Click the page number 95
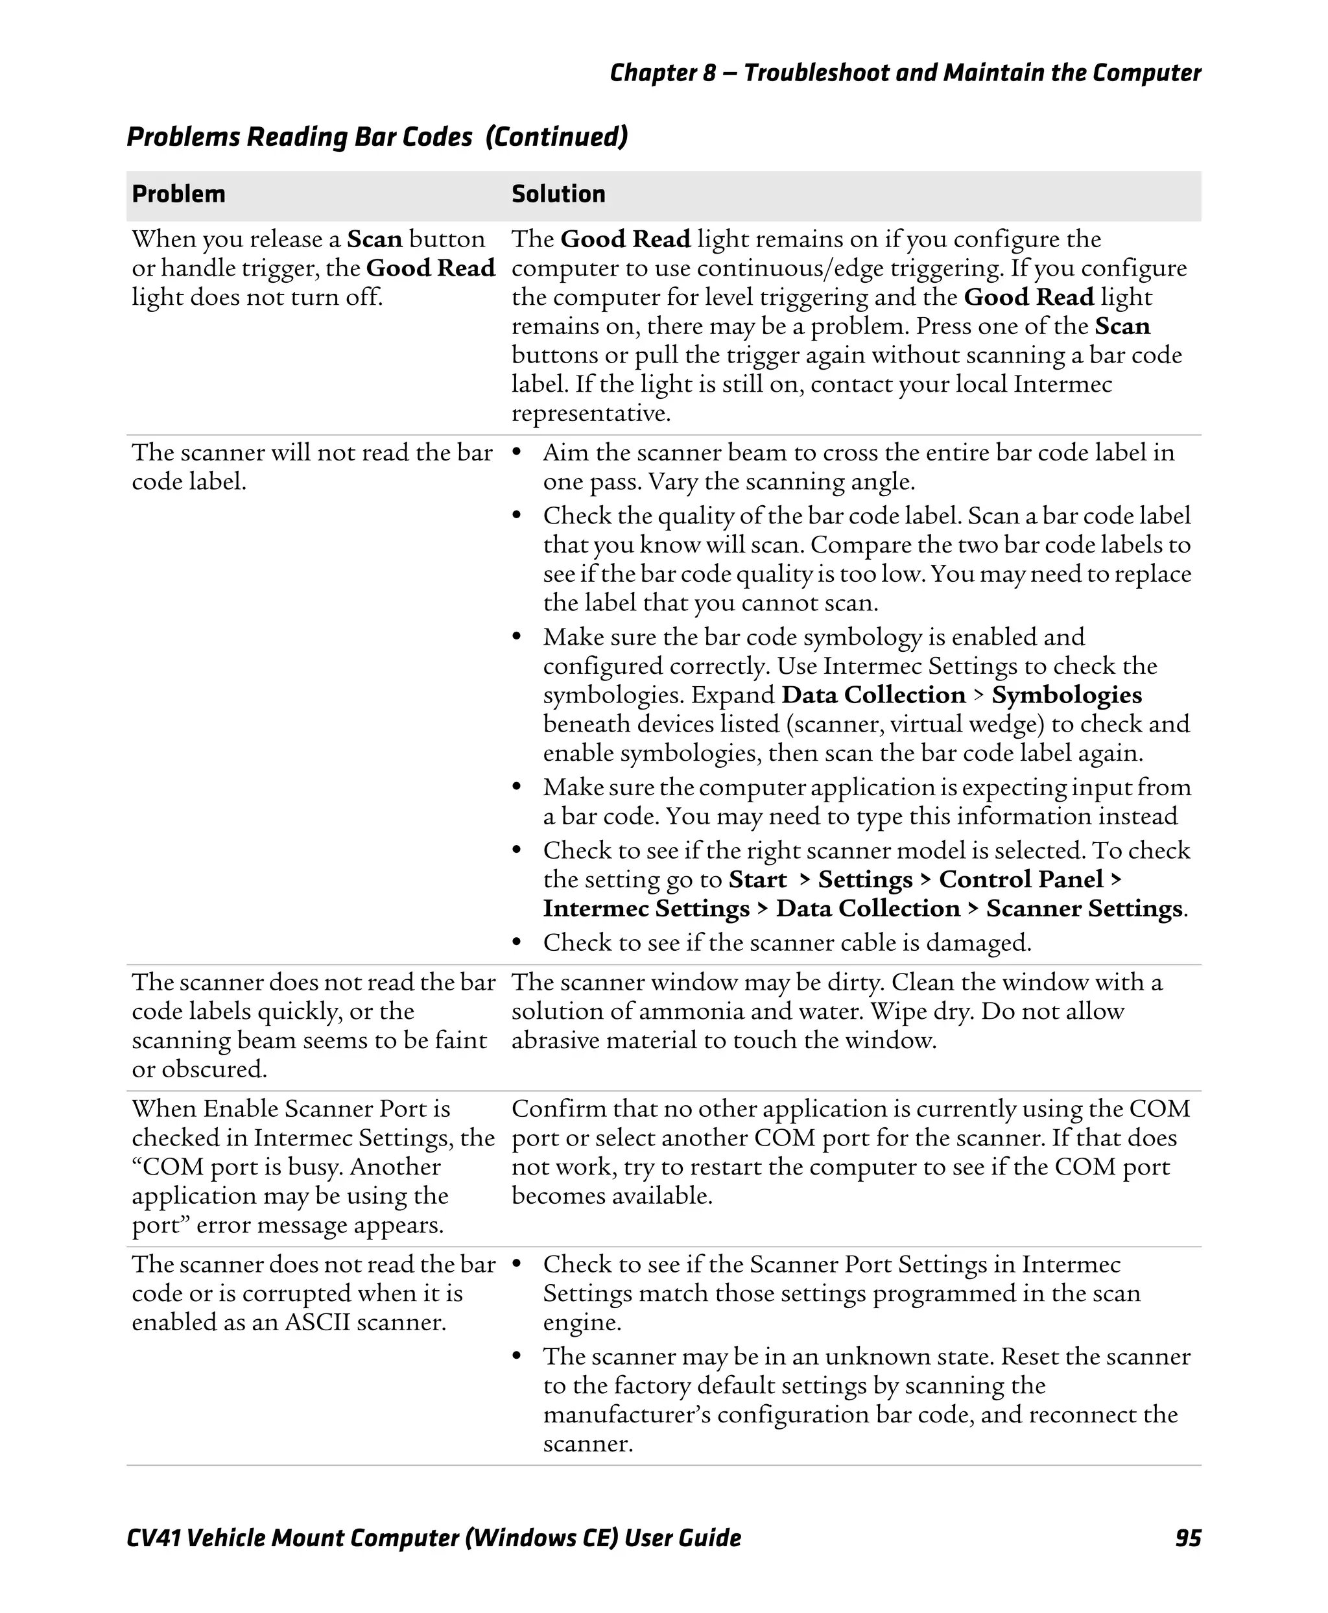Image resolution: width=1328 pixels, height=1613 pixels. (1187, 1538)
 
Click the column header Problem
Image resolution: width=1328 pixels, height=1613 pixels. (178, 195)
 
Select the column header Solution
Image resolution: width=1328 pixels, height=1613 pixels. (558, 195)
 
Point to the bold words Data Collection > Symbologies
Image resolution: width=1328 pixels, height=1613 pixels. (961, 695)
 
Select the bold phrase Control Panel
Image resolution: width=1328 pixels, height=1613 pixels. (1021, 879)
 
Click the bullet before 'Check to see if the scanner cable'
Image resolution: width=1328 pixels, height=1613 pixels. (517, 942)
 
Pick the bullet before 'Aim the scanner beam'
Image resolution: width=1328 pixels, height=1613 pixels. (517, 452)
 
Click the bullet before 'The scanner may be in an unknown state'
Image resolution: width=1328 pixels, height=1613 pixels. (517, 1357)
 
